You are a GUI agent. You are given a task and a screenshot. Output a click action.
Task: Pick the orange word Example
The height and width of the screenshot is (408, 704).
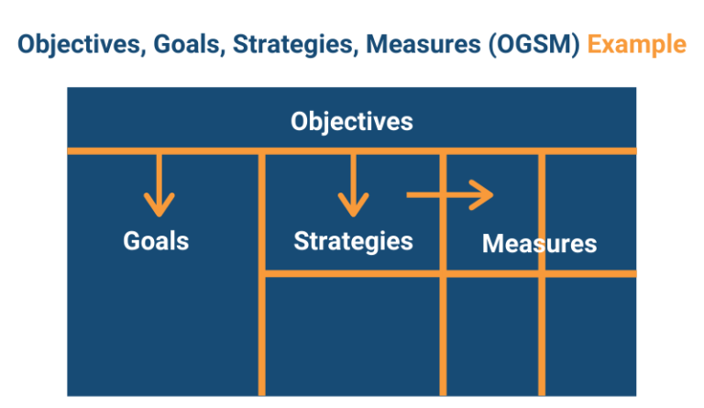[x=636, y=44]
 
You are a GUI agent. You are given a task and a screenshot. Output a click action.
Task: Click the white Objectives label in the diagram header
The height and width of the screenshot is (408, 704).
[x=352, y=121]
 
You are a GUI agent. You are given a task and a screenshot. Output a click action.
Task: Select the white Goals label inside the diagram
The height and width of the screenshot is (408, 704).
[x=156, y=240]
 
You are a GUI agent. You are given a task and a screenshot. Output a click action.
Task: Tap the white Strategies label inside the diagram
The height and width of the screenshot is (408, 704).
[x=353, y=240]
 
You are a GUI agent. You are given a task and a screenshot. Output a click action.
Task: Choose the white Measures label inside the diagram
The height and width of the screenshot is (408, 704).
[x=539, y=244]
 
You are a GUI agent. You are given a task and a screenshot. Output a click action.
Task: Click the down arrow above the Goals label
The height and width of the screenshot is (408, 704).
[x=159, y=183]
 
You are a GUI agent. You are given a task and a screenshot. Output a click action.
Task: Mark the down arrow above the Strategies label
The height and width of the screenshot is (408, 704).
[x=352, y=183]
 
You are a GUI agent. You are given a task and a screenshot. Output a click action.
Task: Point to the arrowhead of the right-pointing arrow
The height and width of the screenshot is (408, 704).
[x=483, y=194]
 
